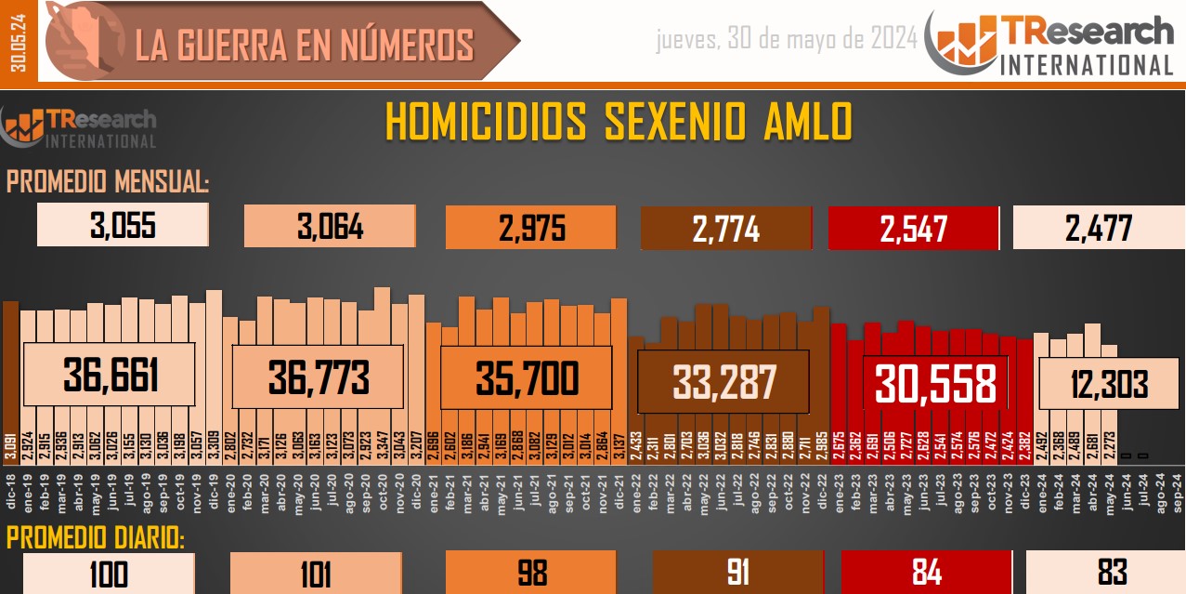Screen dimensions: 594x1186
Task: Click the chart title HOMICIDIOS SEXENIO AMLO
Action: tap(618, 123)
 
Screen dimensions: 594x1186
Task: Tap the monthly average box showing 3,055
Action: tap(123, 226)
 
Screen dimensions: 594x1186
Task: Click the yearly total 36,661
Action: tap(111, 376)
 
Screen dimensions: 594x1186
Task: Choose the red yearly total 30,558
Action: tap(934, 382)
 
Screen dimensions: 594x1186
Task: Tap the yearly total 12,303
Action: tap(1105, 383)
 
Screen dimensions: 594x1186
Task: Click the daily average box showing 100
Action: tap(109, 574)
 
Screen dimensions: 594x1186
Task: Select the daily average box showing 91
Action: tap(737, 572)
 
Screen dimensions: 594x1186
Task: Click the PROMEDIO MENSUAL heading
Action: tap(108, 182)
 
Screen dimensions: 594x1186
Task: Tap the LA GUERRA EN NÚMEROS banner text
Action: tap(305, 45)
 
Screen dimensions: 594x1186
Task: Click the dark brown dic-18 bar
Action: tap(10, 372)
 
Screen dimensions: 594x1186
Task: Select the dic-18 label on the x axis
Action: tap(10, 490)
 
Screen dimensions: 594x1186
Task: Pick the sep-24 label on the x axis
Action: tap(1176, 490)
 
